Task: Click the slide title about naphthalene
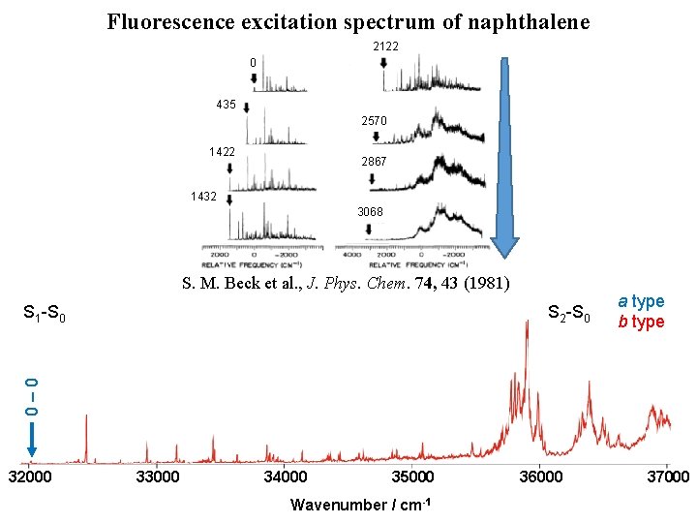(348, 21)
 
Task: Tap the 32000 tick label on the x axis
(30, 477)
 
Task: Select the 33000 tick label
(158, 477)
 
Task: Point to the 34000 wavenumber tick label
(286, 477)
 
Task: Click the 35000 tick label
(413, 477)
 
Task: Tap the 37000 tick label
(667, 477)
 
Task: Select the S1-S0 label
(44, 313)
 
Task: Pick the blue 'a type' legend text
(642, 302)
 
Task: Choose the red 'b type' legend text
(642, 322)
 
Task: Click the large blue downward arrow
(504, 155)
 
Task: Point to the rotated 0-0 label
(32, 396)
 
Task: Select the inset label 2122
(385, 46)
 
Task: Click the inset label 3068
(370, 212)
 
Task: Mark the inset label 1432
(203, 196)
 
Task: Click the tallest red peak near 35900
(527, 324)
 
